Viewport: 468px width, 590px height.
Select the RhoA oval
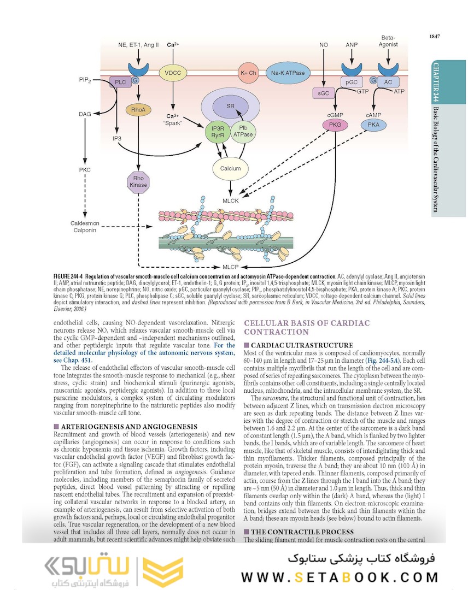138,110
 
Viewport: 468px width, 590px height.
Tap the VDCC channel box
173,73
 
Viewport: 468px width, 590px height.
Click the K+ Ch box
248,73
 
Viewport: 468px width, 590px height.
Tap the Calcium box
230,168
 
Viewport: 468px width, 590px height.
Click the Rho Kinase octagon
138,181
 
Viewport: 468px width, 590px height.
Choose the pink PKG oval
335,125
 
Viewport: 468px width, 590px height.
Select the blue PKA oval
373,125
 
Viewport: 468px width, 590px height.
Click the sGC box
324,93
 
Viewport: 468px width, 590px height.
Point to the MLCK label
230,201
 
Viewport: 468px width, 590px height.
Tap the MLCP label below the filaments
230,267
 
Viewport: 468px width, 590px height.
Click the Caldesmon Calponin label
84,226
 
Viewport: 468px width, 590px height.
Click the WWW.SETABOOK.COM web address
340,577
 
